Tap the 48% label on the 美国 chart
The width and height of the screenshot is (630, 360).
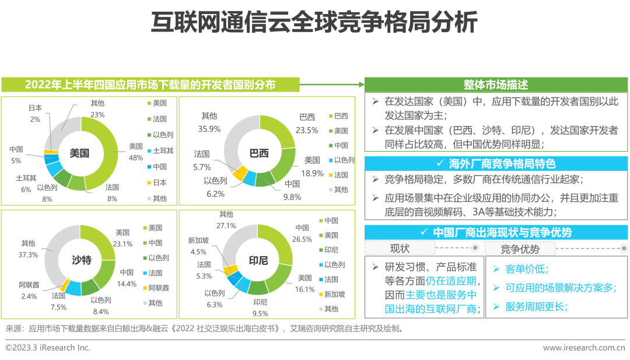click(136, 158)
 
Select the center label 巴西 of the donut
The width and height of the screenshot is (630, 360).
click(259, 153)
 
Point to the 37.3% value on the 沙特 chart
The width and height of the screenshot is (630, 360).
click(28, 255)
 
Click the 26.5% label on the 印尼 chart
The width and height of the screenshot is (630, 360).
click(303, 239)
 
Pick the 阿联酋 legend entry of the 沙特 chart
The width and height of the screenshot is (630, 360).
click(159, 288)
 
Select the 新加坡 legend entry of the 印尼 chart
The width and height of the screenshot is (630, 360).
click(335, 294)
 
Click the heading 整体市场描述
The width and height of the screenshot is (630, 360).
click(496, 85)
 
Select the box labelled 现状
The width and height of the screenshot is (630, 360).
click(400, 249)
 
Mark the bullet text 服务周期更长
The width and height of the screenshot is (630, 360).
click(536, 307)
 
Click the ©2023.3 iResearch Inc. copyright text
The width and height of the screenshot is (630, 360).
click(48, 348)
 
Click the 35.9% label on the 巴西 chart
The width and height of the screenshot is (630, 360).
click(209, 129)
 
